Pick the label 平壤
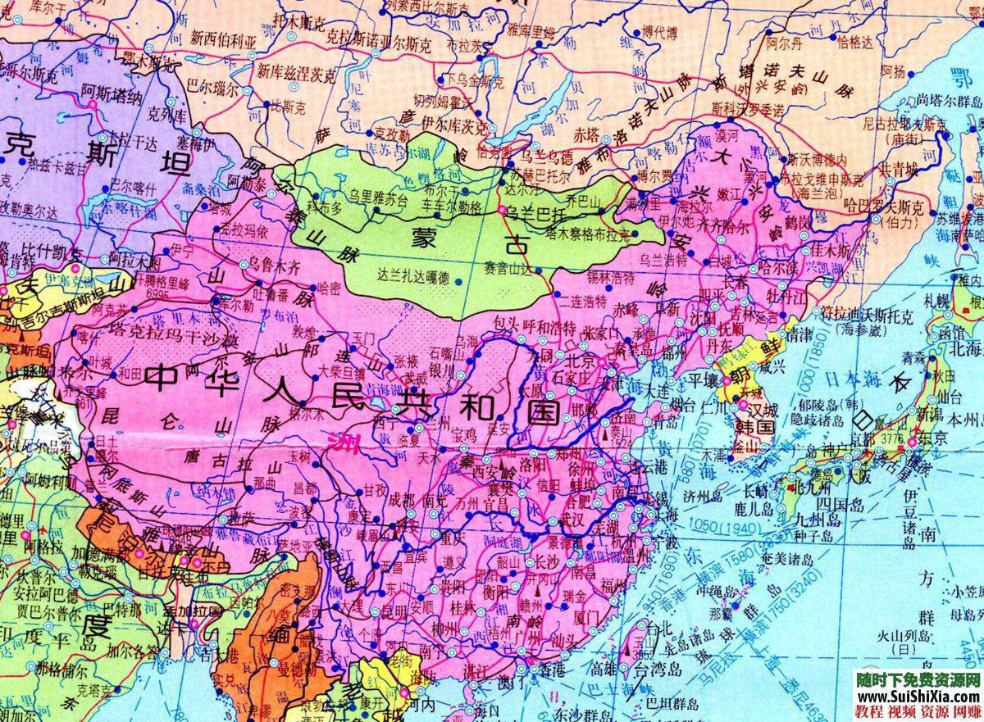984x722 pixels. (702, 381)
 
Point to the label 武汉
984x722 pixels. (566, 520)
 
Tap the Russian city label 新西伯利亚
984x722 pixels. (223, 37)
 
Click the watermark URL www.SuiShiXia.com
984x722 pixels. (917, 696)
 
